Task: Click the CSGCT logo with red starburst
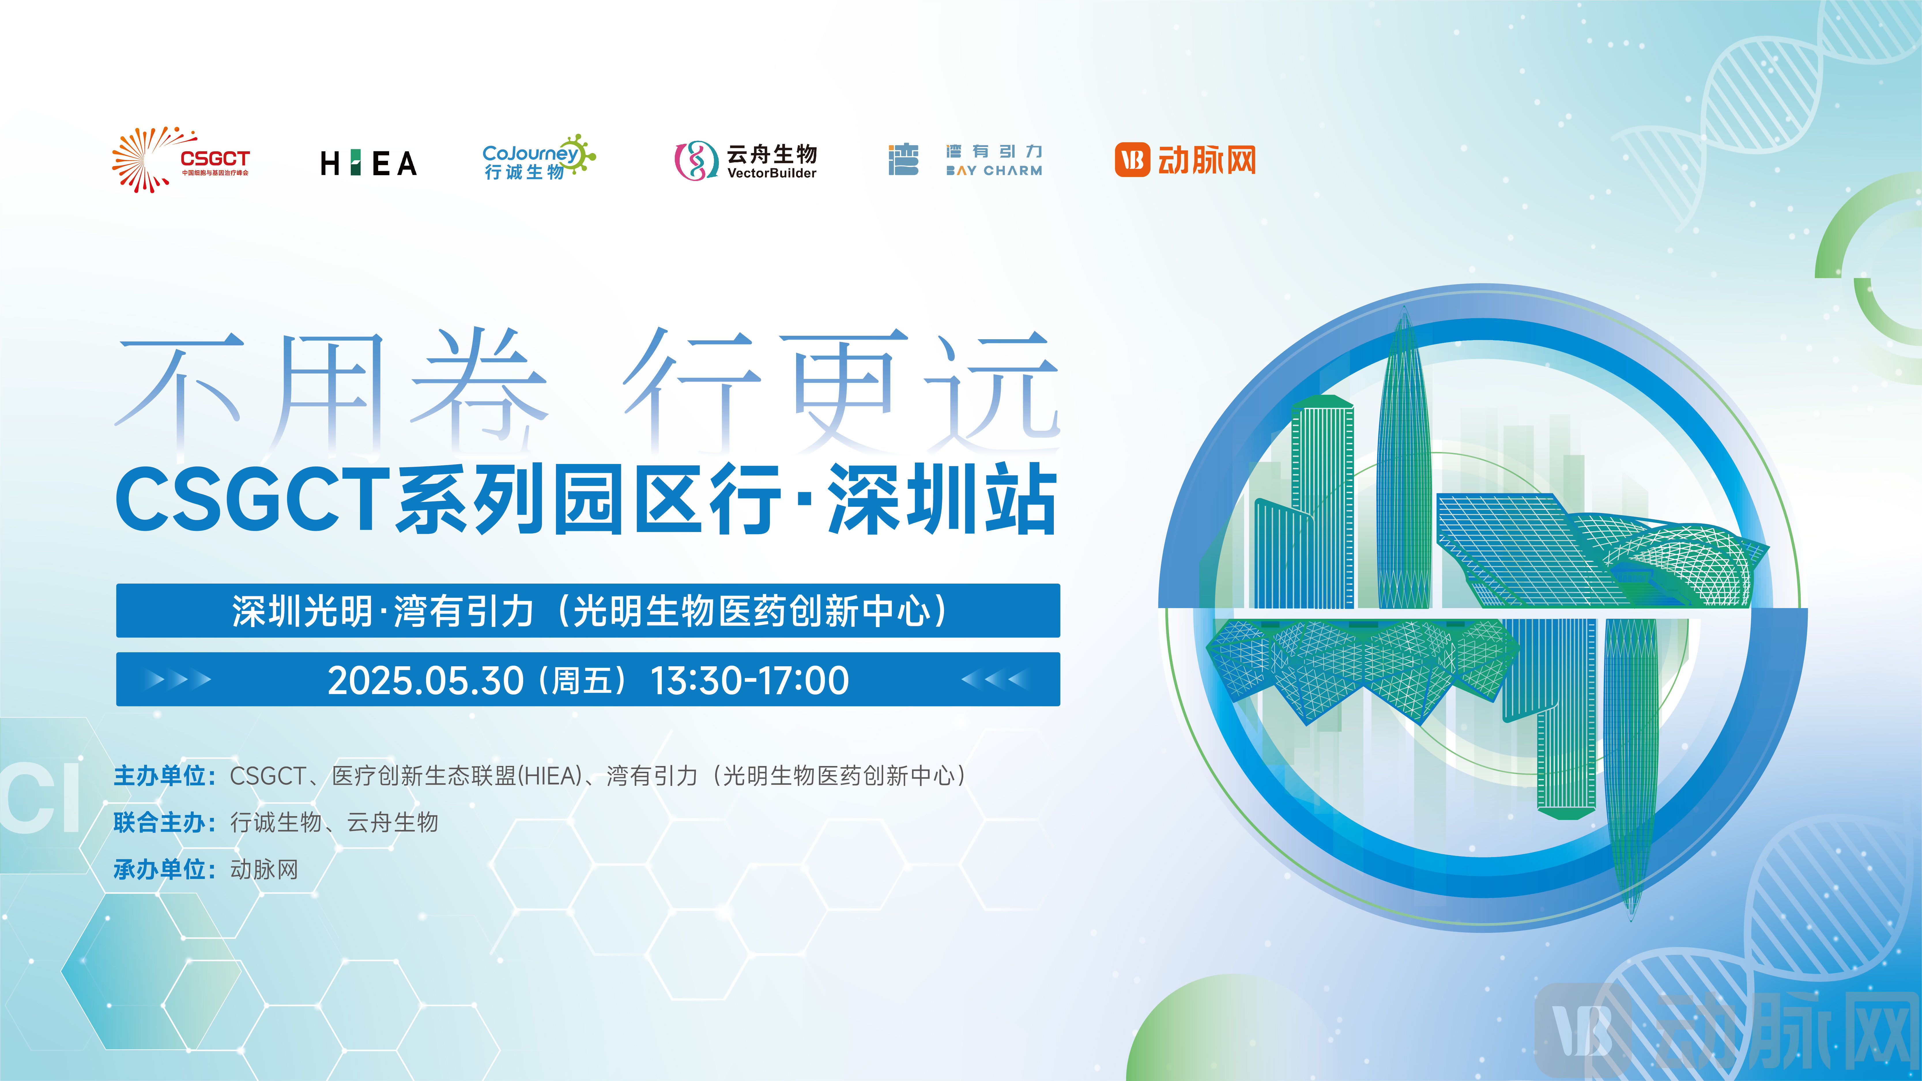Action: pyautogui.click(x=180, y=160)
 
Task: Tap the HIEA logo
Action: pyautogui.click(x=369, y=163)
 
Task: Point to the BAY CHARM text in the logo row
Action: pyautogui.click(x=994, y=171)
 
